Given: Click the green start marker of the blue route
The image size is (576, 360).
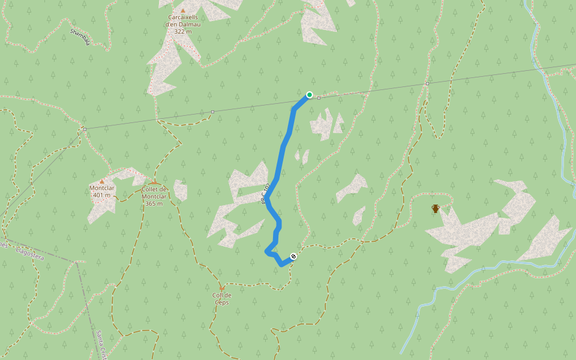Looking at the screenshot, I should pyautogui.click(x=310, y=94).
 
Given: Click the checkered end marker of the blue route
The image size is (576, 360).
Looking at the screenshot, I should pyautogui.click(x=293, y=257).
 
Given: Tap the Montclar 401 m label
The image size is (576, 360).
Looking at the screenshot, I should pyautogui.click(x=101, y=191).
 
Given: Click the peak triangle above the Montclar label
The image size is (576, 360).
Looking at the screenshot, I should pyautogui.click(x=102, y=181).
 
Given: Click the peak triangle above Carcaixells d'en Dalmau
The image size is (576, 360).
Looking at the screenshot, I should pyautogui.click(x=183, y=10).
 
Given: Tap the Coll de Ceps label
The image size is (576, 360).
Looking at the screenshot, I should pyautogui.click(x=222, y=298).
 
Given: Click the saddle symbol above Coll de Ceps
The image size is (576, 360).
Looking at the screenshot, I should pyautogui.click(x=221, y=288).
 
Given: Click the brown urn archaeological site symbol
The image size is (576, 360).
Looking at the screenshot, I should pyautogui.click(x=436, y=209).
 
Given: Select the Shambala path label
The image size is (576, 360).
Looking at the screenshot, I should pyautogui.click(x=80, y=36).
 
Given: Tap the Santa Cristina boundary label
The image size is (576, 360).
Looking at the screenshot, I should pyautogui.click(x=101, y=345).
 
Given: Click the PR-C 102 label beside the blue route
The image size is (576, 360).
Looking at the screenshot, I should pyautogui.click(x=265, y=194).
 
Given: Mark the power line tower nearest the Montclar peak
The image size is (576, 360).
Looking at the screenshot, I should pyautogui.click(x=85, y=129).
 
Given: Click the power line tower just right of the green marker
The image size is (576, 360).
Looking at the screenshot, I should pyautogui.click(x=319, y=97).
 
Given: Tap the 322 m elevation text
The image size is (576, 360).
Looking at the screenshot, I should pyautogui.click(x=183, y=31).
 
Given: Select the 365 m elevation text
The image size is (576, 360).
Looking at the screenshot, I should pyautogui.click(x=154, y=203).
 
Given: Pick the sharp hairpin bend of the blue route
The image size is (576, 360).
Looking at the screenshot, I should pyautogui.click(x=267, y=251).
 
